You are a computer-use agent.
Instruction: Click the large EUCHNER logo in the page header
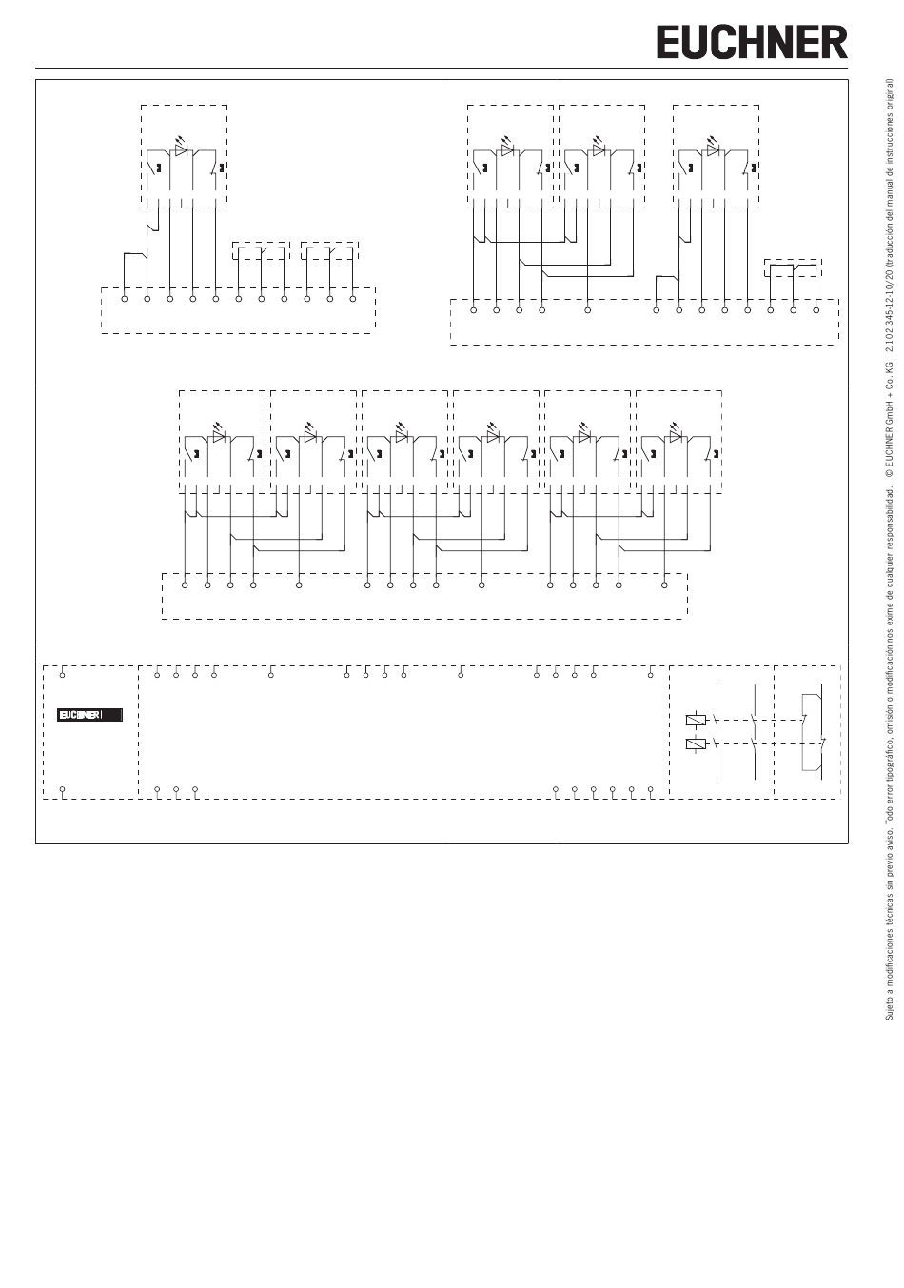751,43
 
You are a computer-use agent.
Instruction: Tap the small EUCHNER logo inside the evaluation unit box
89,714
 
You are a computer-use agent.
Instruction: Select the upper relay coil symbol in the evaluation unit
695,720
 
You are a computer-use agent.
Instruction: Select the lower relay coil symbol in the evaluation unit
695,743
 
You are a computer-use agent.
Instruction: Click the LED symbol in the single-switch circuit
182,150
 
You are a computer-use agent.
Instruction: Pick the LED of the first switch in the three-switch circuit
507,150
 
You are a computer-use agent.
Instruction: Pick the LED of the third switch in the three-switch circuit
713,150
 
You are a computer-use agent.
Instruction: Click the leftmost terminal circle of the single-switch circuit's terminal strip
125,299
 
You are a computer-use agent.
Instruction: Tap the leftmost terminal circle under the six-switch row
185,585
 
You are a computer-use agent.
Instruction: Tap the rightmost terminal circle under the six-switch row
664,585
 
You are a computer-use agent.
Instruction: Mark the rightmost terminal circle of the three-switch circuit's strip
816,310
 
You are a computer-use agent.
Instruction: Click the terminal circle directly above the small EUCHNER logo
63,675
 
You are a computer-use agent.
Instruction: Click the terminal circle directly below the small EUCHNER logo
63,789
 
